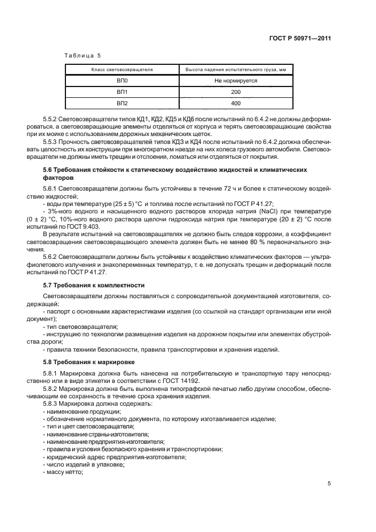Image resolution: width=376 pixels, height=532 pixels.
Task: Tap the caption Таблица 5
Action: coord(82,56)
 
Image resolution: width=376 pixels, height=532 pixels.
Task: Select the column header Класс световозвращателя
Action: coord(122,70)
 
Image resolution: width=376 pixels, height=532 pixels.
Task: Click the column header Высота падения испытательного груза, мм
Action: coord(235,70)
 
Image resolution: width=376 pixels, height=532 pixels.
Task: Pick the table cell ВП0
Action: coord(122,81)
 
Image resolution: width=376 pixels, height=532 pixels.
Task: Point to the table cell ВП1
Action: coord(122,92)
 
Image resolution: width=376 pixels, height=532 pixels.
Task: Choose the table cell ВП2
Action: coord(122,103)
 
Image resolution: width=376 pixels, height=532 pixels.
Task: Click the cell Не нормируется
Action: coord(235,81)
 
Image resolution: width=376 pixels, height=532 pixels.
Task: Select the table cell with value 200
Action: coord(235,92)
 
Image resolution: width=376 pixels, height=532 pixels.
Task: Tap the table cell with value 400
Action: coord(235,103)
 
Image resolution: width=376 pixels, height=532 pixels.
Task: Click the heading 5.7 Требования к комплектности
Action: coord(94,284)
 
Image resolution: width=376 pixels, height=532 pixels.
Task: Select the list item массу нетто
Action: coord(64,472)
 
